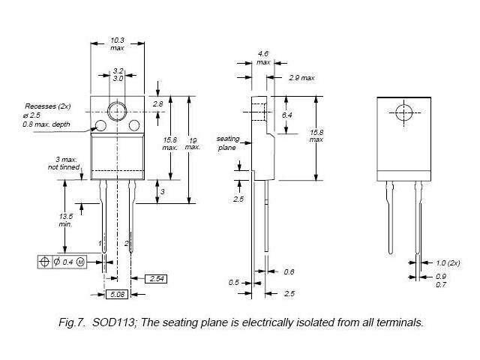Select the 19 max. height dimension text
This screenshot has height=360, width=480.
pyautogui.click(x=193, y=143)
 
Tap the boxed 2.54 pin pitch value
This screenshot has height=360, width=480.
pyautogui.click(x=157, y=278)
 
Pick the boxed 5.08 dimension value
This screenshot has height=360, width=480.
pyautogui.click(x=117, y=294)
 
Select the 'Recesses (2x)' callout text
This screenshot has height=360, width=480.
pyautogui.click(x=48, y=106)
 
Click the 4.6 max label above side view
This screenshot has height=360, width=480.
pyautogui.click(x=263, y=58)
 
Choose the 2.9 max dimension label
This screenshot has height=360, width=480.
pyautogui.click(x=301, y=77)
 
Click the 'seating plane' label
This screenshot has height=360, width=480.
pyautogui.click(x=227, y=143)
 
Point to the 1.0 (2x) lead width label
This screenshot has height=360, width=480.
pyautogui.click(x=447, y=262)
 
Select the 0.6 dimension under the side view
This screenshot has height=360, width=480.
pyautogui.click(x=289, y=271)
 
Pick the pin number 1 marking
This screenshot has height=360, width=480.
pyautogui.click(x=100, y=244)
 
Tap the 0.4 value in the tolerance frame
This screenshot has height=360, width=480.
pyautogui.click(x=67, y=262)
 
